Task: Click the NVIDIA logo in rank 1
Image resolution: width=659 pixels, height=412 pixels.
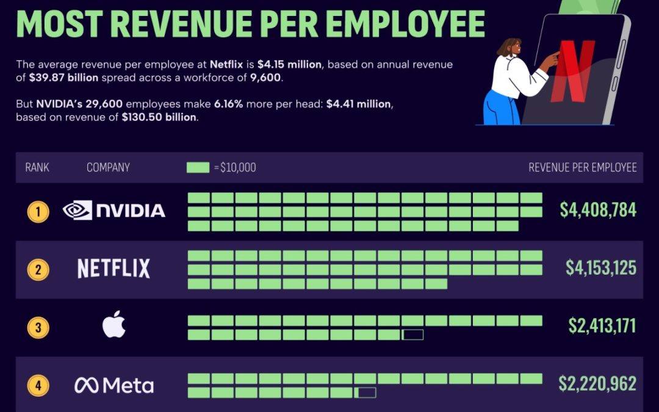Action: [x=114, y=211]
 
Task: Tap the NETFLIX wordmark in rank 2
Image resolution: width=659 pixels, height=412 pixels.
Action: [x=114, y=269]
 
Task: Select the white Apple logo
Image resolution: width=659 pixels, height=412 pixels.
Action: [x=114, y=325]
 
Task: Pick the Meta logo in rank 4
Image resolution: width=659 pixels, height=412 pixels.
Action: [x=114, y=385]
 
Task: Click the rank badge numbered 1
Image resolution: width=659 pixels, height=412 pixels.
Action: [x=38, y=212]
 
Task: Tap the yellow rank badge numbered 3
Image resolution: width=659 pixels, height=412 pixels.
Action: [x=38, y=328]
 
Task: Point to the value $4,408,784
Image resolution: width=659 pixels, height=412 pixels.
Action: [x=598, y=210]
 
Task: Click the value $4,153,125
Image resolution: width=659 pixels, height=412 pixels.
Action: [x=600, y=267]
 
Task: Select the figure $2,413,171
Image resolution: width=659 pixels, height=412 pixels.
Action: [x=602, y=325]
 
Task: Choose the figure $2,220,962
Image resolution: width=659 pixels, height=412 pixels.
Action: [x=597, y=383]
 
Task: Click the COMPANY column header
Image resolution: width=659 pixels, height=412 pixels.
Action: [x=108, y=167]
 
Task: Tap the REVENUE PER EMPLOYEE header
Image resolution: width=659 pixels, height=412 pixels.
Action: [x=582, y=167]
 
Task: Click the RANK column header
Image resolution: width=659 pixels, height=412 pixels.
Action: [x=37, y=167]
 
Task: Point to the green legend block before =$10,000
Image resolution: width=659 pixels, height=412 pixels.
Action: [x=198, y=167]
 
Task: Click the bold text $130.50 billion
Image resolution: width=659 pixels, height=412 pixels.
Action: [x=159, y=117]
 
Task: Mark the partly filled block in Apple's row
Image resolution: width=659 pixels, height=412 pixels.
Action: [x=412, y=334]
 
